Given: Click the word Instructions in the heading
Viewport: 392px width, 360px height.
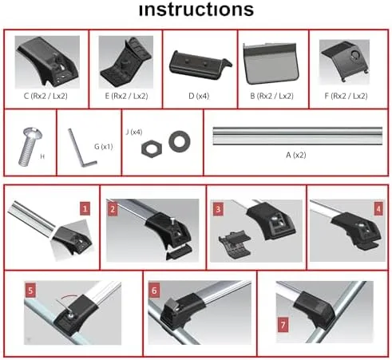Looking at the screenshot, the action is tap(196, 10).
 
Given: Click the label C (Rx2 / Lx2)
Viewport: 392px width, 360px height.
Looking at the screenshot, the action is tap(46, 96).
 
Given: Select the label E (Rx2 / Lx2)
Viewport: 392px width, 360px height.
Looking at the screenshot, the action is tap(126, 96).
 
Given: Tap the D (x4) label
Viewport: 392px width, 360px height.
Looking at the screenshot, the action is tap(199, 96).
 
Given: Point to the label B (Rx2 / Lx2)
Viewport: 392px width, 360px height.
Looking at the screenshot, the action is tap(271, 96).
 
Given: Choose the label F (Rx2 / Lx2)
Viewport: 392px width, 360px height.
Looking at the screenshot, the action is tap(346, 96).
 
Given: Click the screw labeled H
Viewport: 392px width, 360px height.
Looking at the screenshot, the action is tap(30, 147).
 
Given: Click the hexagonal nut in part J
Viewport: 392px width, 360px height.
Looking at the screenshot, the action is tap(152, 148).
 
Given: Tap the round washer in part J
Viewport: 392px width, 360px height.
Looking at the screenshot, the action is tap(180, 141).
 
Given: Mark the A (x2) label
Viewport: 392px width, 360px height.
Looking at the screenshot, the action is tap(296, 155).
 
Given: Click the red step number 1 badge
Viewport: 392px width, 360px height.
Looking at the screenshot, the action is tap(85, 208).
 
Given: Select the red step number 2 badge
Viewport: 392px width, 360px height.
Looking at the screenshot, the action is tap(113, 209).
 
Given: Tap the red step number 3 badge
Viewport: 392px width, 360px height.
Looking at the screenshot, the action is tap(218, 209).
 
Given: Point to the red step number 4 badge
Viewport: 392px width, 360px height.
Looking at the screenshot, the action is tap(378, 209).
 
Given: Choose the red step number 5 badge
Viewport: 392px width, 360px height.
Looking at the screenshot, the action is tap(30, 290).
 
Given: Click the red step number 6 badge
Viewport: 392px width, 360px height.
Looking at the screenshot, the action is tap(154, 291).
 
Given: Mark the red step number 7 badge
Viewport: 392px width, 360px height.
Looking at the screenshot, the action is tap(283, 325).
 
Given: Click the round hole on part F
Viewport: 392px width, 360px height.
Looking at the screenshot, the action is tap(355, 55).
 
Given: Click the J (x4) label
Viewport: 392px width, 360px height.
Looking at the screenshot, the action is tap(134, 132).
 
